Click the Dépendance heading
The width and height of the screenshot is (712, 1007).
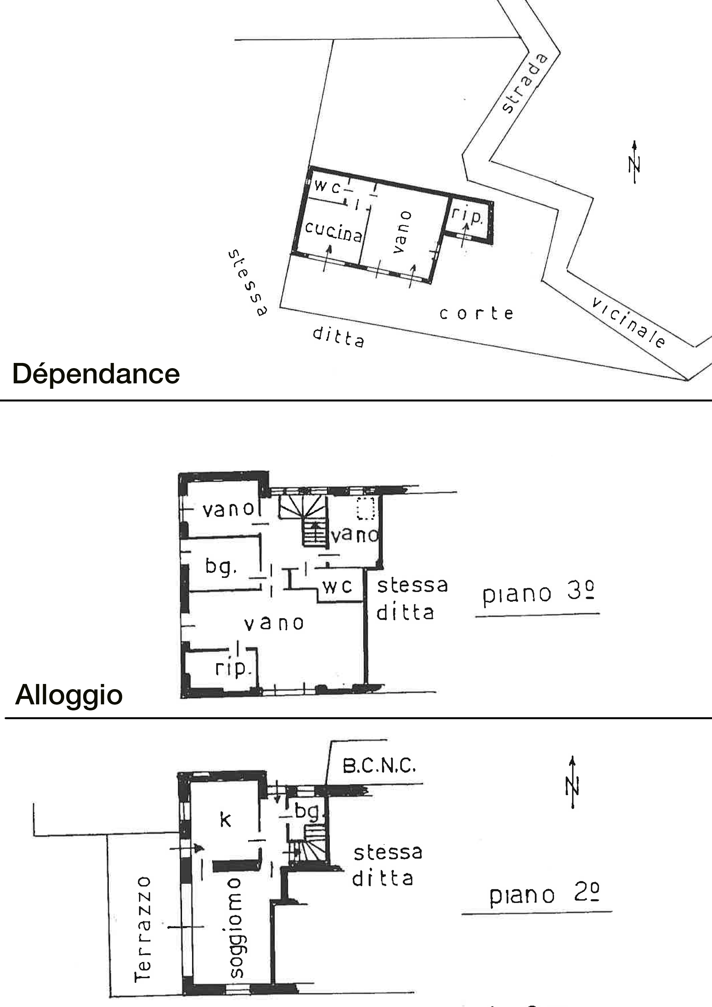tap(96, 374)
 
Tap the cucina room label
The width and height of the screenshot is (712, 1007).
tap(334, 231)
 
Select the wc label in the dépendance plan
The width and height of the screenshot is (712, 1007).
tap(327, 186)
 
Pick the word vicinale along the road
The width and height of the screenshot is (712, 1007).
tap(628, 322)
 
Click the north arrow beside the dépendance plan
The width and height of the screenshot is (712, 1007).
tap(634, 162)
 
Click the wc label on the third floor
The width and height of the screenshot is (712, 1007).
tap(337, 586)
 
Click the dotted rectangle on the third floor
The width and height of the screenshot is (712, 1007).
tap(366, 508)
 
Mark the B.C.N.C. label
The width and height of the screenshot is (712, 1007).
tap(379, 766)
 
